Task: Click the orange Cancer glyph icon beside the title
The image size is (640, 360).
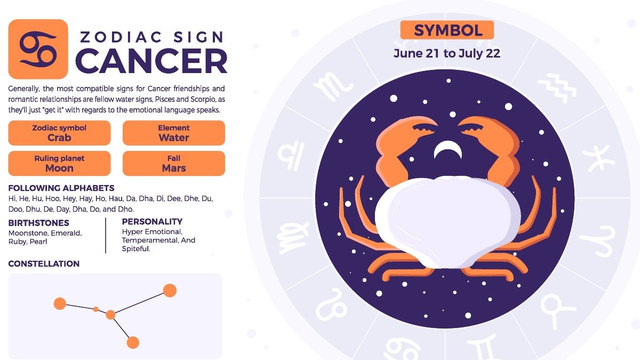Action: [38, 49]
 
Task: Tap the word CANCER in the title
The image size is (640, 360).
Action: [151, 61]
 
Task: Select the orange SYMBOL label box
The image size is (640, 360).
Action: [447, 30]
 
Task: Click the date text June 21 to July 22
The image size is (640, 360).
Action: [447, 53]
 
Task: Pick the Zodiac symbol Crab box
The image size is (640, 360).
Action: [59, 133]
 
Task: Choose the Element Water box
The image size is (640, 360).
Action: [174, 133]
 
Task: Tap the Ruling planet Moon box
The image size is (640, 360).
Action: [59, 163]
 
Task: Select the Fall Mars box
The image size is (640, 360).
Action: [174, 163]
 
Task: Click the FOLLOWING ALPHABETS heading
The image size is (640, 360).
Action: [61, 188]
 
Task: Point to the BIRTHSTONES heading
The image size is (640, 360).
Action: [39, 223]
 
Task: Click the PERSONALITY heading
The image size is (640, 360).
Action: [152, 221]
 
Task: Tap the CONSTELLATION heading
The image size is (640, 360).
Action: [44, 263]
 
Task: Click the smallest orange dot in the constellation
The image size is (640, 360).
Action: [96, 309]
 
